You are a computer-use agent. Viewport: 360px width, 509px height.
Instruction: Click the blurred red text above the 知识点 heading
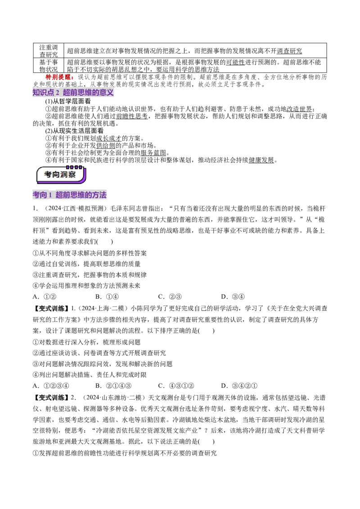click(x=59, y=77)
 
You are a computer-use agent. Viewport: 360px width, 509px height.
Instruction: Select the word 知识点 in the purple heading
click(x=43, y=93)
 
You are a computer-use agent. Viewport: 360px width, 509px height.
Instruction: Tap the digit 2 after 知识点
click(x=58, y=93)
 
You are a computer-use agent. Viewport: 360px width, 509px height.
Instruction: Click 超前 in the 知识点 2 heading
click(x=70, y=93)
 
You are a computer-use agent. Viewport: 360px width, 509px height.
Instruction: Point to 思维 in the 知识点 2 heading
click(x=85, y=93)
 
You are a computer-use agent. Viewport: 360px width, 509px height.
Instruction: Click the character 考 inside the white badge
click(x=48, y=174)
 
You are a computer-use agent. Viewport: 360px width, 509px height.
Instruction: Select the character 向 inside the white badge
click(x=55, y=174)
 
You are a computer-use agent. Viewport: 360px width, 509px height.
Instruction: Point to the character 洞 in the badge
click(x=64, y=174)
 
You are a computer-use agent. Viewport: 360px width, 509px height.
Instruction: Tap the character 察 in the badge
click(x=72, y=174)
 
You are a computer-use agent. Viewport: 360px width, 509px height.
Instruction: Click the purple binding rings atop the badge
click(x=74, y=167)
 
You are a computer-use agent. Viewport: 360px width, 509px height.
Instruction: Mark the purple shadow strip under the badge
click(x=63, y=182)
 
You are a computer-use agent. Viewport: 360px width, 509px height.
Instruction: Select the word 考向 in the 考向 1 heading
click(x=40, y=195)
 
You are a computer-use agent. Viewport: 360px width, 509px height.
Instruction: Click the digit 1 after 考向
click(x=50, y=195)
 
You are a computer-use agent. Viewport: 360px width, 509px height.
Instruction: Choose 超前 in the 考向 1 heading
click(x=63, y=195)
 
